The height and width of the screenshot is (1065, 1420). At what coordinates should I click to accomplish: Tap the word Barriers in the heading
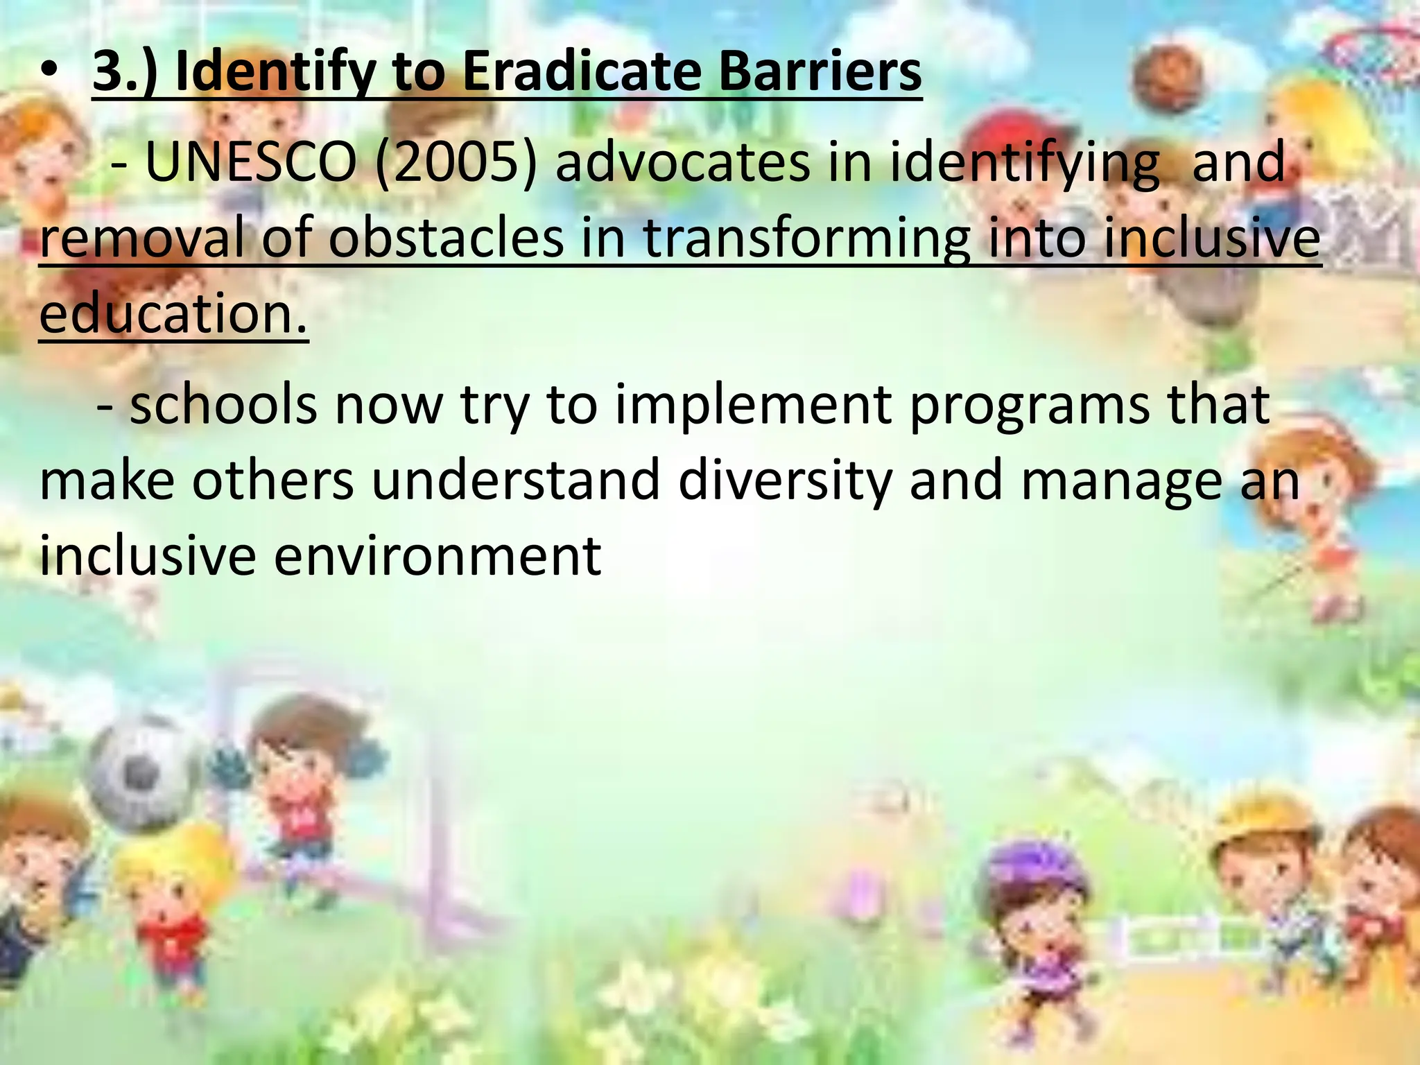pyautogui.click(x=819, y=72)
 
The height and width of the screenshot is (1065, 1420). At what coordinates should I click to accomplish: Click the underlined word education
pyautogui.click(x=173, y=313)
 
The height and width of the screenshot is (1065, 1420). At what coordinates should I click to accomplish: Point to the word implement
pyautogui.click(x=753, y=405)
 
